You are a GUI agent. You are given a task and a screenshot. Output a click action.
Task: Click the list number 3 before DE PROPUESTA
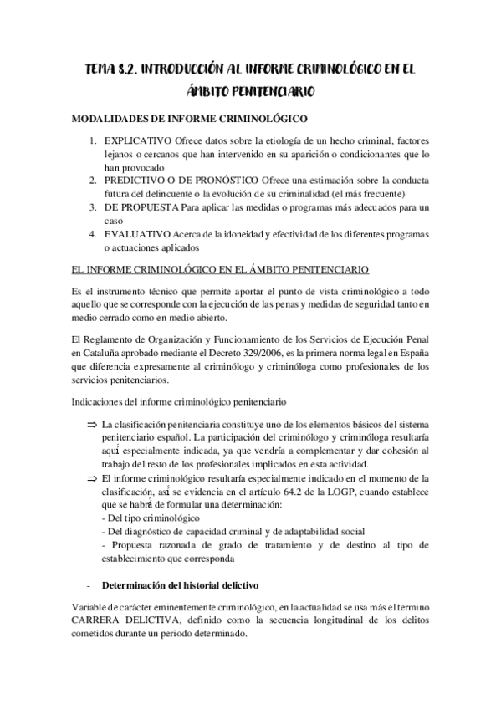(x=94, y=207)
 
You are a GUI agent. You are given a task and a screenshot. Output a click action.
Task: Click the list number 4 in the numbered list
(x=94, y=234)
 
